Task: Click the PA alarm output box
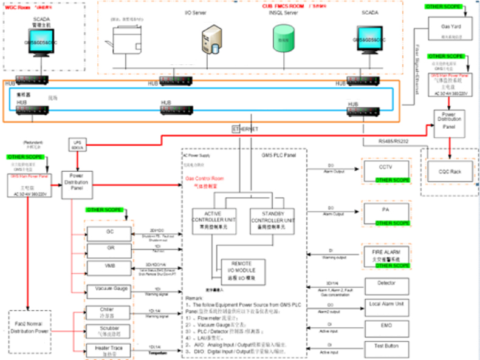(383, 212)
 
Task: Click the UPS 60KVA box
(77, 146)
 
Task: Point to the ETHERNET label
(247, 129)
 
